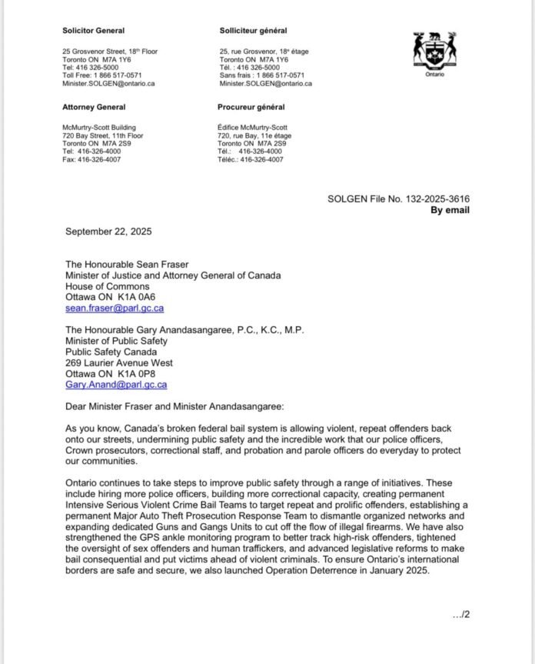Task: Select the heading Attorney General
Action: tap(94, 107)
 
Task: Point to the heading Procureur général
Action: tap(251, 107)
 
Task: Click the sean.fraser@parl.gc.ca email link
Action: tap(115, 308)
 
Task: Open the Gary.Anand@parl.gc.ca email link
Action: tap(117, 384)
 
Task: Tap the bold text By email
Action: tap(450, 209)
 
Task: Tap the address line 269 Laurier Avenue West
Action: tap(119, 362)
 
